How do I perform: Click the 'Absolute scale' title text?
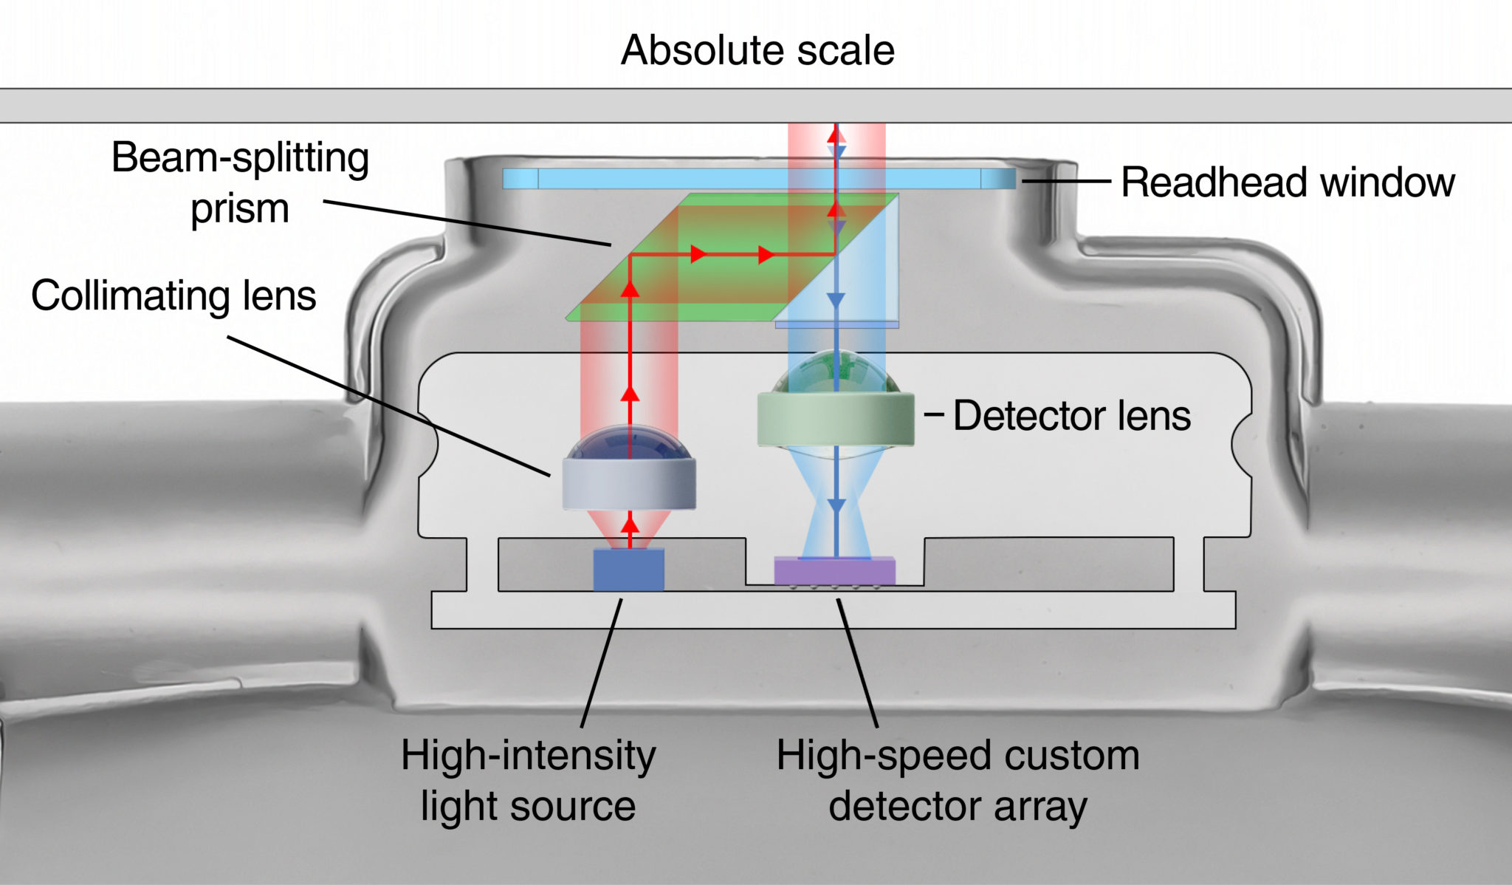757,51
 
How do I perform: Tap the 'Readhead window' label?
1288,182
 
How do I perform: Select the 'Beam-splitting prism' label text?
241,182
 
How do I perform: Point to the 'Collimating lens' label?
173,295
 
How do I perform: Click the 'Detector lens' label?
1071,415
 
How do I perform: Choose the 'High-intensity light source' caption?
528,780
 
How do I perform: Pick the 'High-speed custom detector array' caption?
958,780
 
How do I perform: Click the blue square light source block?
629,569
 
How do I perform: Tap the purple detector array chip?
834,571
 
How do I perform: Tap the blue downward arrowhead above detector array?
836,506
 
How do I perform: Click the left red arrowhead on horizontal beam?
698,255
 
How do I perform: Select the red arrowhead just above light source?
630,525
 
